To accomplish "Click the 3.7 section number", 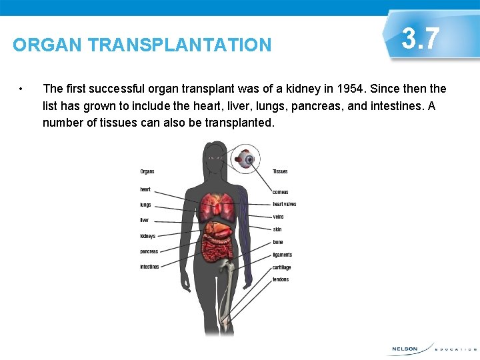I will (x=421, y=39).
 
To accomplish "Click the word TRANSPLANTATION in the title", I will (x=180, y=45).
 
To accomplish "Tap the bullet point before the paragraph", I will (x=22, y=89).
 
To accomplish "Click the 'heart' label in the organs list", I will (x=145, y=189).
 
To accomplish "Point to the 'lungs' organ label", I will (x=145, y=205).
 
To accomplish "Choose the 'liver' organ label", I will (x=145, y=220).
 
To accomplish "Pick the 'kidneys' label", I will (x=147, y=236).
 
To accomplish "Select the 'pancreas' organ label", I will (x=149, y=251).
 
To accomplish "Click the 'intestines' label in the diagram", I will (x=149, y=267).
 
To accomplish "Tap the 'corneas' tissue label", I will (x=280, y=192).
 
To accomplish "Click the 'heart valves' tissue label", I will (x=284, y=204).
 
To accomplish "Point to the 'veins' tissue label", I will (x=278, y=217).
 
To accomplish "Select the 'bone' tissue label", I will (x=277, y=242).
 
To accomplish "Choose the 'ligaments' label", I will (x=282, y=255).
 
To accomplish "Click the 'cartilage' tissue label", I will (x=281, y=267).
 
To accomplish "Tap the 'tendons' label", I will (x=281, y=279).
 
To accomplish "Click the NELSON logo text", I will (x=404, y=349).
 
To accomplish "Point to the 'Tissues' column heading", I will (x=280, y=171).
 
